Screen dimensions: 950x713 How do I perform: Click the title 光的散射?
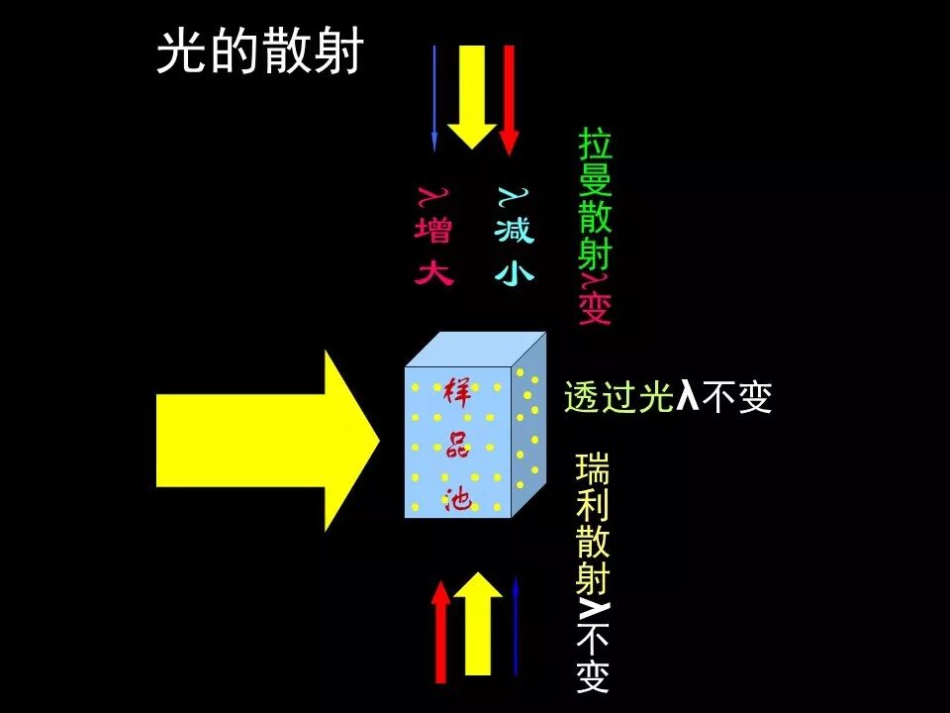260,51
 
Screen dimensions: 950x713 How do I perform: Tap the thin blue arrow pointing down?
433,99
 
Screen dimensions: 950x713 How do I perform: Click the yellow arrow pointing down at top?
472,94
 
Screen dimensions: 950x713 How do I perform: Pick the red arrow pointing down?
509,99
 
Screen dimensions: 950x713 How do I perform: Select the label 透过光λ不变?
667,397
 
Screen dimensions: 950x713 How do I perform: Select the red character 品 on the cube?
457,446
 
